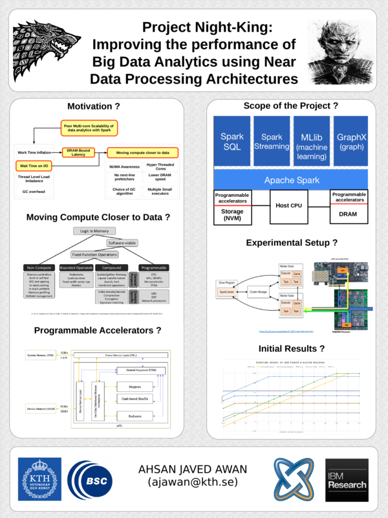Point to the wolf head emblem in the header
pyautogui.click(x=41, y=49)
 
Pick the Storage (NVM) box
pyautogui.click(x=232, y=215)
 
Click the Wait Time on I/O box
pyautogui.click(x=31, y=166)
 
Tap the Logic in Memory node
pyautogui.click(x=96, y=231)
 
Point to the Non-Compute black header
pyautogui.click(x=39, y=267)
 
